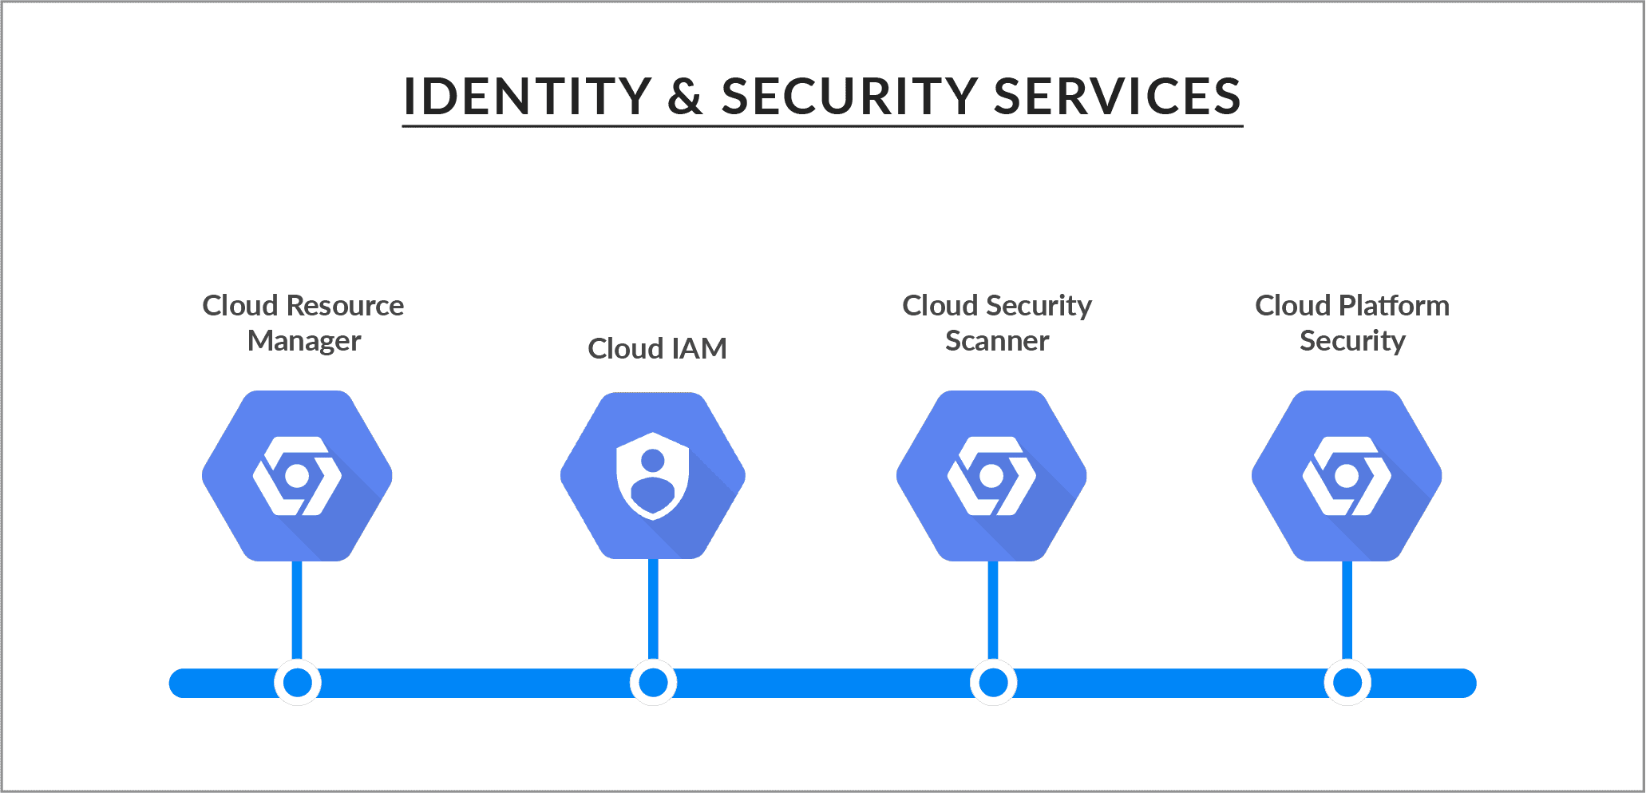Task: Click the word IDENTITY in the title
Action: [x=527, y=97]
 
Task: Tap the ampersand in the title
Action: [x=685, y=97]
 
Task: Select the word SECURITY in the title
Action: [x=849, y=97]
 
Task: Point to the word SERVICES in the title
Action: [x=1117, y=97]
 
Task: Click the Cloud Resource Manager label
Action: [x=303, y=323]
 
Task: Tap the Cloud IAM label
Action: [x=657, y=348]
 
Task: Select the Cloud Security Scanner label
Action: [x=997, y=323]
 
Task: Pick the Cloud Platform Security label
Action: [x=1351, y=323]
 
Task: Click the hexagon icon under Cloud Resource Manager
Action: [x=297, y=476]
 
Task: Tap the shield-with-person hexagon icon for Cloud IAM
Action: [x=653, y=476]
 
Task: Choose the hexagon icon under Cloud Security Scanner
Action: [x=991, y=476]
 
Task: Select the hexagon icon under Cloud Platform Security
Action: [x=1347, y=476]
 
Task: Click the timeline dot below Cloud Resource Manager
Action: [x=298, y=683]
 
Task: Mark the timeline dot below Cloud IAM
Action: [x=653, y=683]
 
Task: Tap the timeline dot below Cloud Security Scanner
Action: [x=993, y=683]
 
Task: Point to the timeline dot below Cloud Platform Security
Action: [x=1347, y=683]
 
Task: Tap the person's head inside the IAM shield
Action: [x=653, y=460]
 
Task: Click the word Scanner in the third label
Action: [x=997, y=341]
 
